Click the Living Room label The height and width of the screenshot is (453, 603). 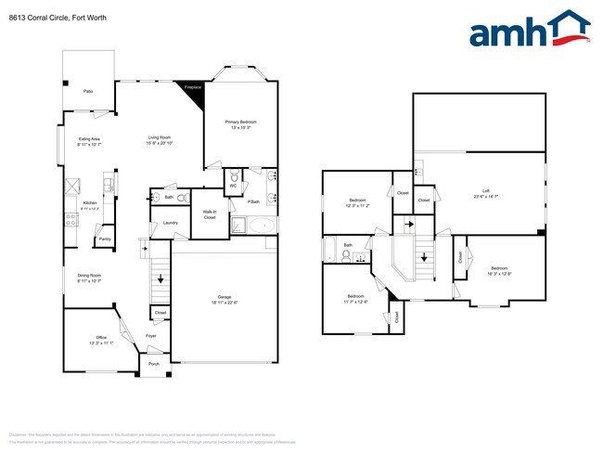[x=159, y=137]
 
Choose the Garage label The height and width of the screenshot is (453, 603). [x=225, y=298]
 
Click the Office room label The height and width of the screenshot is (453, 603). [x=101, y=337]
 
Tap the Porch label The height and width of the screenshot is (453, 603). [x=154, y=364]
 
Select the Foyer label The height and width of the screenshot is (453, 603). [x=151, y=336]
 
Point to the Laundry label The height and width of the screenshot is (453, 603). [x=170, y=223]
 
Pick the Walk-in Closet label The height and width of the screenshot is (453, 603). [x=210, y=214]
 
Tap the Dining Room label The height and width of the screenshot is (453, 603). [x=89, y=276]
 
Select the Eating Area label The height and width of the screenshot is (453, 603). [x=89, y=138]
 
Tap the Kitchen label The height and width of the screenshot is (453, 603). [x=90, y=203]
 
